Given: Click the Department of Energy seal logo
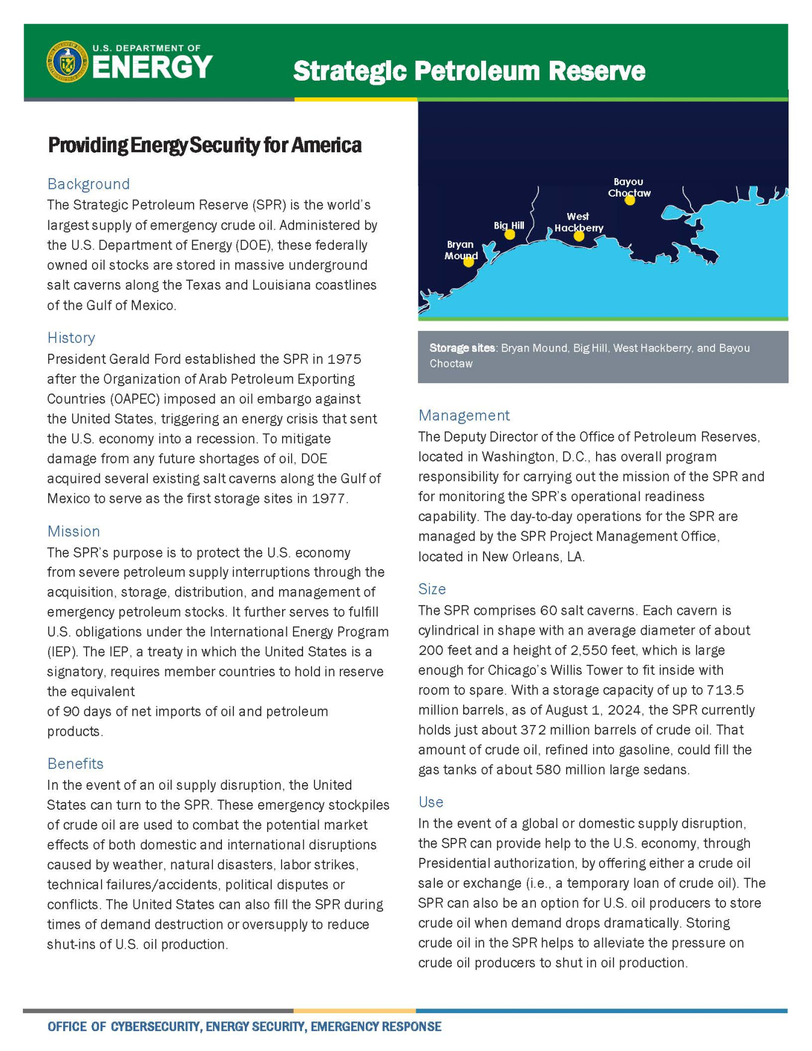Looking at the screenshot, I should point(67,61).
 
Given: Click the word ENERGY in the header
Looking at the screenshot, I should point(152,67).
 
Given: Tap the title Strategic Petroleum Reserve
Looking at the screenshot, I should point(469,71).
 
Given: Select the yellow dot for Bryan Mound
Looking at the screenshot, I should point(469,262).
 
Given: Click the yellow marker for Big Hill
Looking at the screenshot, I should point(509,235).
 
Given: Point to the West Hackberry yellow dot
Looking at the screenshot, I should point(579,236).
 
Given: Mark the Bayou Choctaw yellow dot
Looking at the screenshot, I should point(629,200).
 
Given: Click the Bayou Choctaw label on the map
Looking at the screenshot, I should point(629,187).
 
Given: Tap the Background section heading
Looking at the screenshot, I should point(88,184).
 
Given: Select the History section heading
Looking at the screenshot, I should point(71,338).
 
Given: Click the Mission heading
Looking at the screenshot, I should point(73,532).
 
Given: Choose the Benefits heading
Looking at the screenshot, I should point(75,764).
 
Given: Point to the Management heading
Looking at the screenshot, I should point(464,416).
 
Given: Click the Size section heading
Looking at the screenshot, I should point(432,590).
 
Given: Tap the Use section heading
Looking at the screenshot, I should point(431,803).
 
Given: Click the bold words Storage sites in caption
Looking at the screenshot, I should point(462,348).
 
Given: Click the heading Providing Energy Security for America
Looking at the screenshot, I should point(205,146).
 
